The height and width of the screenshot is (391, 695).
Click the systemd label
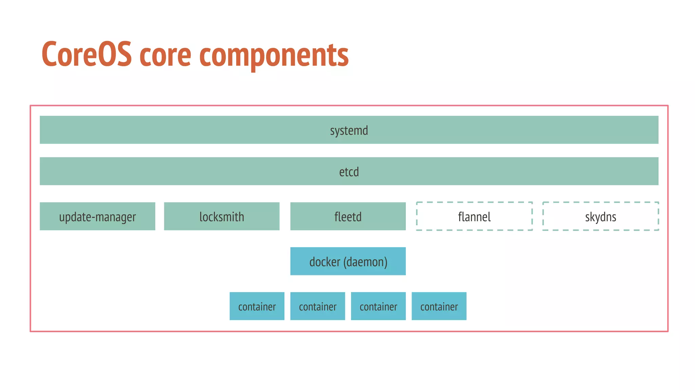pos(349,130)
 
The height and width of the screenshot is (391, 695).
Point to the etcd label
pos(349,172)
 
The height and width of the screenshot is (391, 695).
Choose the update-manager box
pos(97,217)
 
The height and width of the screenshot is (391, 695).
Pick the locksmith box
pos(222,217)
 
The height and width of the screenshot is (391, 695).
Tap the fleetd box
pos(348,217)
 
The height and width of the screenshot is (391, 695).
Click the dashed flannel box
pos(474,217)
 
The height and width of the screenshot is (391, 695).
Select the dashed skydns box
pos(600,217)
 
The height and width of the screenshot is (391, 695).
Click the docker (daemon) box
pos(348,261)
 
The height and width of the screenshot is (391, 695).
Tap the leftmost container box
pos(257,306)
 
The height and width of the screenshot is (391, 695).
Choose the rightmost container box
pos(439,306)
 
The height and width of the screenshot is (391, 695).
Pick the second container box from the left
pos(318,306)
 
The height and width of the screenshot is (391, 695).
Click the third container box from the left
pos(378,306)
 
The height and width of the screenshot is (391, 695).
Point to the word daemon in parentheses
pos(365,262)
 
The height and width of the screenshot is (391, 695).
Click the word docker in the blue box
pos(325,262)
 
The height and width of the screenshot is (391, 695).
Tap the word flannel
pos(474,217)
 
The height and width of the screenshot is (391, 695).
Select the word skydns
pos(600,217)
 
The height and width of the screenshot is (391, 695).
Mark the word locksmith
pos(222,217)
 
